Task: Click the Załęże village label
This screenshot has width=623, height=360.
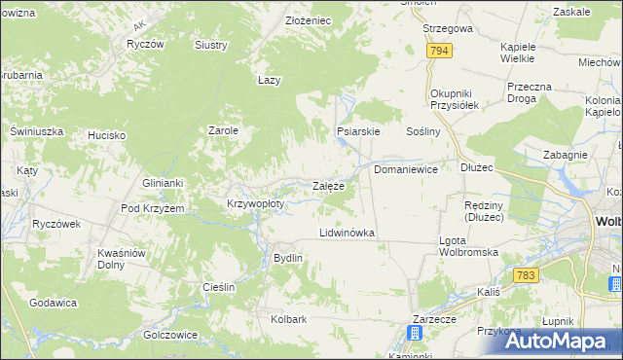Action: click(327, 186)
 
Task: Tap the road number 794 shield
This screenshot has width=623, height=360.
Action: click(439, 50)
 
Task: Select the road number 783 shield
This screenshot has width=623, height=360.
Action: click(527, 276)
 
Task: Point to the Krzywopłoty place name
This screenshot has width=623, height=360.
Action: click(255, 203)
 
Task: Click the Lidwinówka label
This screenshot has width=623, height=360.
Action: click(348, 234)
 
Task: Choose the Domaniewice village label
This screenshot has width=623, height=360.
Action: click(406, 168)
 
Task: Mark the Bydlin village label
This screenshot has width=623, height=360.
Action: click(288, 258)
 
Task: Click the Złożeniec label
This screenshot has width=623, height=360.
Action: click(309, 19)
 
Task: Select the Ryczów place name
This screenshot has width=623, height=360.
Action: click(145, 45)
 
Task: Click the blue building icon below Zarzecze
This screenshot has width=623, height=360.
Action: click(416, 333)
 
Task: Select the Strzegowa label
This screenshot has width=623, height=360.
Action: click(448, 28)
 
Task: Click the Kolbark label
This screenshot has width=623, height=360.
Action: click(289, 318)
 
